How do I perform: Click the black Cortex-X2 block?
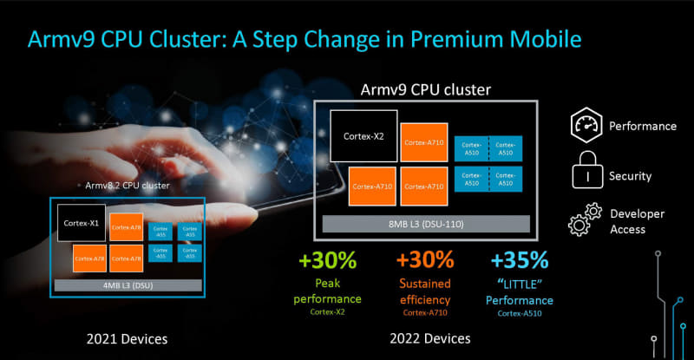pos(363,136)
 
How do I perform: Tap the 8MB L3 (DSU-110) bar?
pos(428,222)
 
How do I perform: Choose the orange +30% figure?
pos(425,259)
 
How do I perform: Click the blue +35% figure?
pos(519,259)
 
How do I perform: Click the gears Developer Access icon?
pos(585,220)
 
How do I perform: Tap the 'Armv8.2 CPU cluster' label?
pos(127,185)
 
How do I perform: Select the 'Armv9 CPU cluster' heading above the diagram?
pos(426,89)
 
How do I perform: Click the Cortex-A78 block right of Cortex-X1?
pos(126,227)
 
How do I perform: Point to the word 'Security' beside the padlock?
pos(630,176)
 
